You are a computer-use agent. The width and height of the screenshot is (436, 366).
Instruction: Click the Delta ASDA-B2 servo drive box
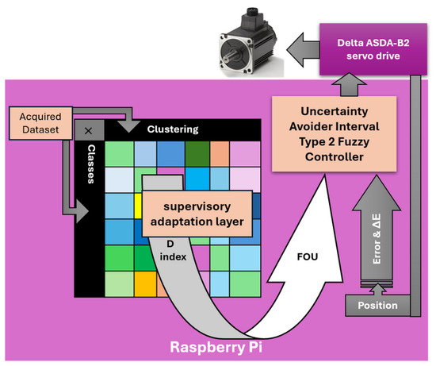click(373, 49)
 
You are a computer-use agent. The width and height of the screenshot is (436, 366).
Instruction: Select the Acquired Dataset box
click(40, 123)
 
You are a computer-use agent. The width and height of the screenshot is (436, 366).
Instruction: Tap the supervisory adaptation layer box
click(197, 214)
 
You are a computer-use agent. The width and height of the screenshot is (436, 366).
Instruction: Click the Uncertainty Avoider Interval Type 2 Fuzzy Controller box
click(334, 134)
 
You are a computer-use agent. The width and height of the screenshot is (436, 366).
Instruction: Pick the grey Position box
click(377, 306)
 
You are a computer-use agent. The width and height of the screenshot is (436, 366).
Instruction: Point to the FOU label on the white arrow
click(308, 256)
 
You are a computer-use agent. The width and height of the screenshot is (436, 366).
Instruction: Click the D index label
click(173, 250)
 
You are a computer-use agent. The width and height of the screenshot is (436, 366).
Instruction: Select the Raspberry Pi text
click(216, 347)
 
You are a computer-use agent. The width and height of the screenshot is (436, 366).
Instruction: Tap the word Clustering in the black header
click(173, 129)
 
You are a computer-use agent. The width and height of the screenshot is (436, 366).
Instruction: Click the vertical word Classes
click(91, 164)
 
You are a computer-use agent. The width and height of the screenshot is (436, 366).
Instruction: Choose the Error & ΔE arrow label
click(377, 239)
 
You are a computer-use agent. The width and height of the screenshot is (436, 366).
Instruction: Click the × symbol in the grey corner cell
click(89, 131)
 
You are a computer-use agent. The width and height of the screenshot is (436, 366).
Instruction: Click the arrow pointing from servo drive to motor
click(303, 50)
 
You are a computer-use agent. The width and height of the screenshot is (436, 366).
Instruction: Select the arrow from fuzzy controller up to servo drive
click(349, 84)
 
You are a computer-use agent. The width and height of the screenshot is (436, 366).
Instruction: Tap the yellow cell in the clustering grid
click(138, 206)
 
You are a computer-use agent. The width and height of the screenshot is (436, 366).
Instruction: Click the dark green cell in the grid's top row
click(197, 154)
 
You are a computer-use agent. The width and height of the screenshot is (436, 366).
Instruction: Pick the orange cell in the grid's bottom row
click(145, 284)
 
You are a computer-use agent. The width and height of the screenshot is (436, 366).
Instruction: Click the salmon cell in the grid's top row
click(220, 154)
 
